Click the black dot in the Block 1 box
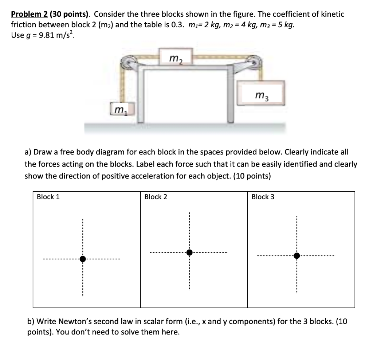(x=83, y=259)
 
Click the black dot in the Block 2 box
(x=189, y=253)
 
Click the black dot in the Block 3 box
(x=297, y=256)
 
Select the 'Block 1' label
(x=48, y=197)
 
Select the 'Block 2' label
(x=156, y=197)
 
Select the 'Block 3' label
(x=263, y=197)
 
